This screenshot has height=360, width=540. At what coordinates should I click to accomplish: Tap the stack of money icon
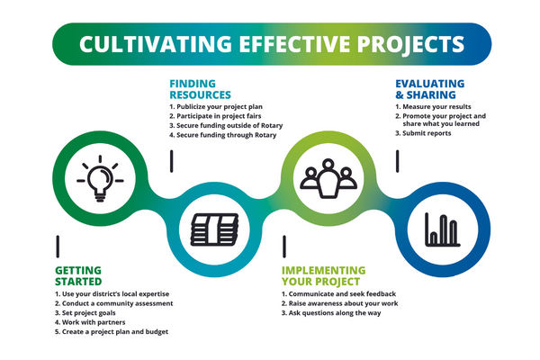pos(214,229)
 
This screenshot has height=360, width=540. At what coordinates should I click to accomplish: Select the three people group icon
pos(328,178)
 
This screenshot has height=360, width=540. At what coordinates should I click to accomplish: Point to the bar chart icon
pos(443,229)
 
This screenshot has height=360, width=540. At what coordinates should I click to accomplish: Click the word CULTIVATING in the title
pos(156,44)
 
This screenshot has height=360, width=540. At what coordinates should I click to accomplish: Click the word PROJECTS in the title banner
pos(410,44)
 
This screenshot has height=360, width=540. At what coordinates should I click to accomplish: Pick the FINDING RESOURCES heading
pos(200,89)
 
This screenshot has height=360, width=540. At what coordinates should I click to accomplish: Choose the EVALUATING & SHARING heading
pos(430,89)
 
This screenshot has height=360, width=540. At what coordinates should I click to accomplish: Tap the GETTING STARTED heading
pos(78,276)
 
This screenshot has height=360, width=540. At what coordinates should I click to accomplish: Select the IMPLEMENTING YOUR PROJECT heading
pos(323,276)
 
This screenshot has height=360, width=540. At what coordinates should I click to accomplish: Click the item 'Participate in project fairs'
pos(215,116)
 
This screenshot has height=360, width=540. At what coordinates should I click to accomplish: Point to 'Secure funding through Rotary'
pos(223,135)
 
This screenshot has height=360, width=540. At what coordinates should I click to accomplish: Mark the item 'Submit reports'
pos(423,133)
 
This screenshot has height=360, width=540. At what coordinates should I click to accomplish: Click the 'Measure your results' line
pos(433,107)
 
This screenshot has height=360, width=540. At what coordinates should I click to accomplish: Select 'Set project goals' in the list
pos(85,313)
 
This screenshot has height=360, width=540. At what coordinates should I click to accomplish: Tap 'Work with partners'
pos(90,322)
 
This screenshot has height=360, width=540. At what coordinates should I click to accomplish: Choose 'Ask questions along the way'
pos(331,313)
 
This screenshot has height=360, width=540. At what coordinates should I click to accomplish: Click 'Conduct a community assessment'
pos(114,303)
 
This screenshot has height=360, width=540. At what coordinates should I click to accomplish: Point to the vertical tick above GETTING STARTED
pos(58,247)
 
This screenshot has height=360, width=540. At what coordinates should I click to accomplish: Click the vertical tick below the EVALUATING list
pos(398,161)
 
